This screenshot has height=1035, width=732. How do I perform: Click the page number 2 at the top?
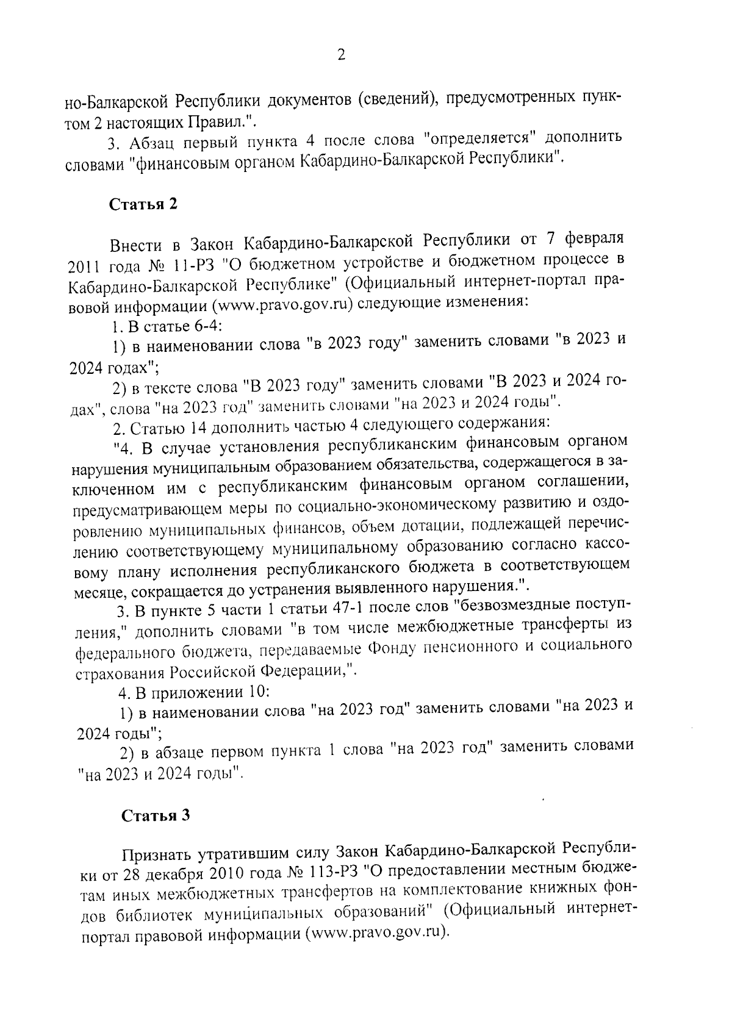click(x=341, y=56)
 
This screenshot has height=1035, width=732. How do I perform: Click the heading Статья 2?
click(x=143, y=203)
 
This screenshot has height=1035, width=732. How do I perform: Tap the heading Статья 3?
click(x=156, y=815)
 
